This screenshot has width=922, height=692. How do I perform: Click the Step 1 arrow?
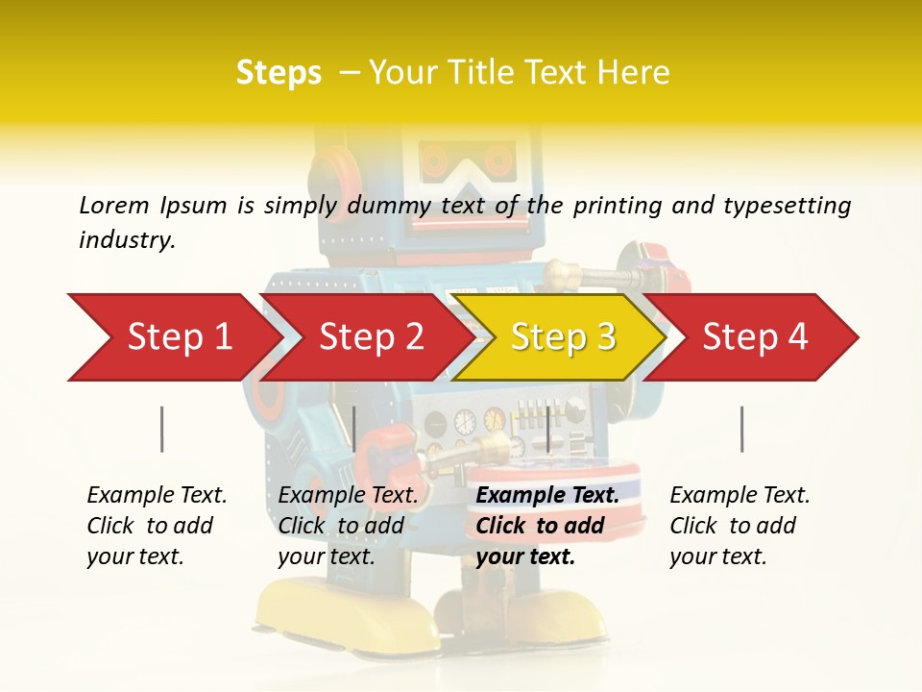pyautogui.click(x=173, y=337)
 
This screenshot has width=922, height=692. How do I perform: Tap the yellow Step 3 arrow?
pyautogui.click(x=562, y=337)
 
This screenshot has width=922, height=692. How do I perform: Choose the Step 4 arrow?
pyautogui.click(x=754, y=337)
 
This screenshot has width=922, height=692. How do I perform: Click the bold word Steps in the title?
pyautogui.click(x=279, y=73)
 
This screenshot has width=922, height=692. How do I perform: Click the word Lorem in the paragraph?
pyautogui.click(x=113, y=205)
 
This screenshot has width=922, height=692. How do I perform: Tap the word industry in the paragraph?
pyautogui.click(x=127, y=240)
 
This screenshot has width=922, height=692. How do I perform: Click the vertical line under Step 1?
pyautogui.click(x=161, y=429)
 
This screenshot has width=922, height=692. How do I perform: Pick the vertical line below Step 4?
pyautogui.click(x=741, y=429)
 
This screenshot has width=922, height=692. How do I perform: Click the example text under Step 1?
pyautogui.click(x=157, y=526)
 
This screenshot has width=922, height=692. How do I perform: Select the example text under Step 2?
pyautogui.click(x=348, y=526)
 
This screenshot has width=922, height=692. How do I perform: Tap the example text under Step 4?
pyautogui.click(x=740, y=526)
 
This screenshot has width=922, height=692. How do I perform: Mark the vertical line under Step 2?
pyautogui.click(x=354, y=429)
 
